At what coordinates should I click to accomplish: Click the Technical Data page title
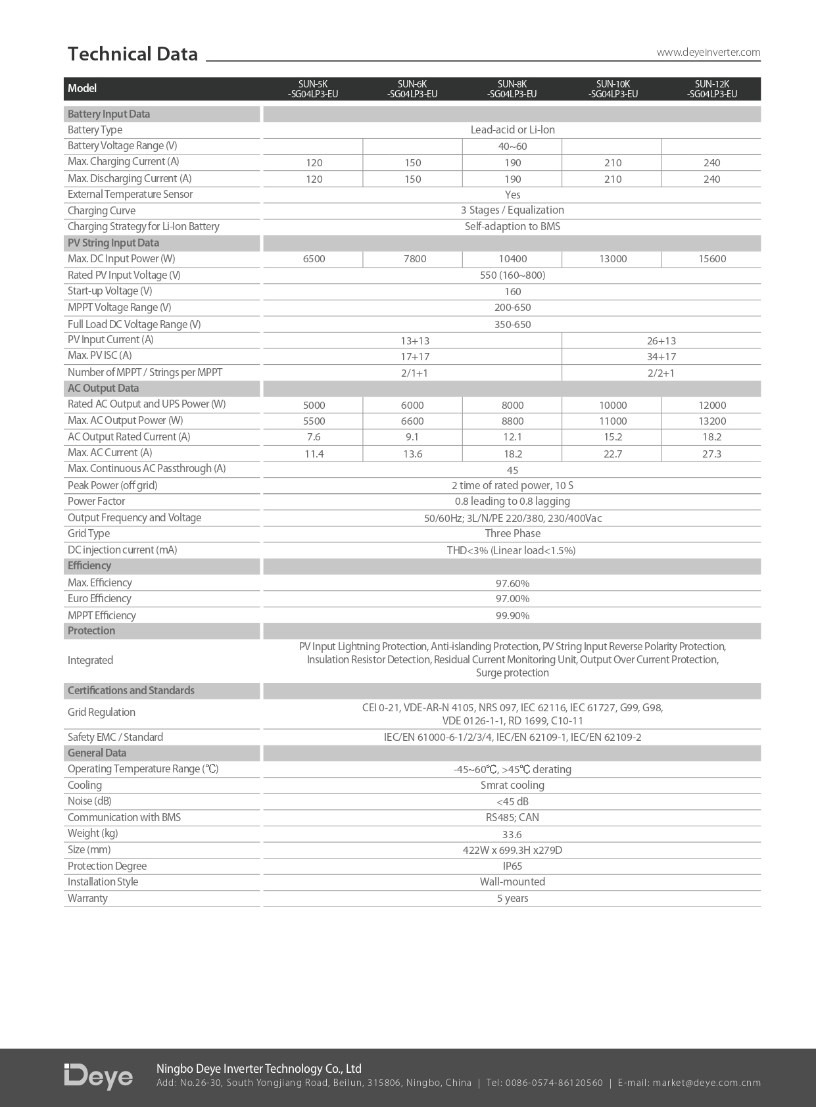pyautogui.click(x=132, y=54)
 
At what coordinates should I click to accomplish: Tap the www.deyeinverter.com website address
pyautogui.click(x=708, y=53)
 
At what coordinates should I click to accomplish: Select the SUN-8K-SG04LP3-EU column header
pyautogui.click(x=512, y=89)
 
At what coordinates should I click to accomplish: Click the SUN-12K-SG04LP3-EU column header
pyautogui.click(x=711, y=89)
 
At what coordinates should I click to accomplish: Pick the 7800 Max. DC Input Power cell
pyautogui.click(x=414, y=259)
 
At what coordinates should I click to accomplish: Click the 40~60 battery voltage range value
pyautogui.click(x=512, y=146)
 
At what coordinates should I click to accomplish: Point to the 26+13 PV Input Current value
pyautogui.click(x=661, y=341)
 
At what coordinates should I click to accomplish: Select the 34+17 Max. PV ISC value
pyautogui.click(x=661, y=357)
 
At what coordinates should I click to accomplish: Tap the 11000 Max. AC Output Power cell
pyautogui.click(x=613, y=421)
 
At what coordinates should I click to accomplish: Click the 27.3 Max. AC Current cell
pyautogui.click(x=711, y=454)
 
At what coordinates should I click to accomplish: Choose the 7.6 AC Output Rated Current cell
pyautogui.click(x=314, y=437)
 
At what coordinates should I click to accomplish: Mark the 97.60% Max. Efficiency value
pyautogui.click(x=512, y=583)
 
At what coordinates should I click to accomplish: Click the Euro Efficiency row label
pyautogui.click(x=99, y=599)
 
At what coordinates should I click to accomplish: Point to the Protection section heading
pyautogui.click(x=91, y=631)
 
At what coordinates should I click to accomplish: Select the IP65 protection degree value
pyautogui.click(x=512, y=866)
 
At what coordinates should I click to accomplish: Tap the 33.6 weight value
pyautogui.click(x=512, y=834)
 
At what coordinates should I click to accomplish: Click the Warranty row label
pyautogui.click(x=87, y=899)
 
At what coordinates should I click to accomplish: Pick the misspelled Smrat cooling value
pyautogui.click(x=512, y=786)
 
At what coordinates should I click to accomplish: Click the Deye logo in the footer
pyautogui.click(x=98, y=1076)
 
